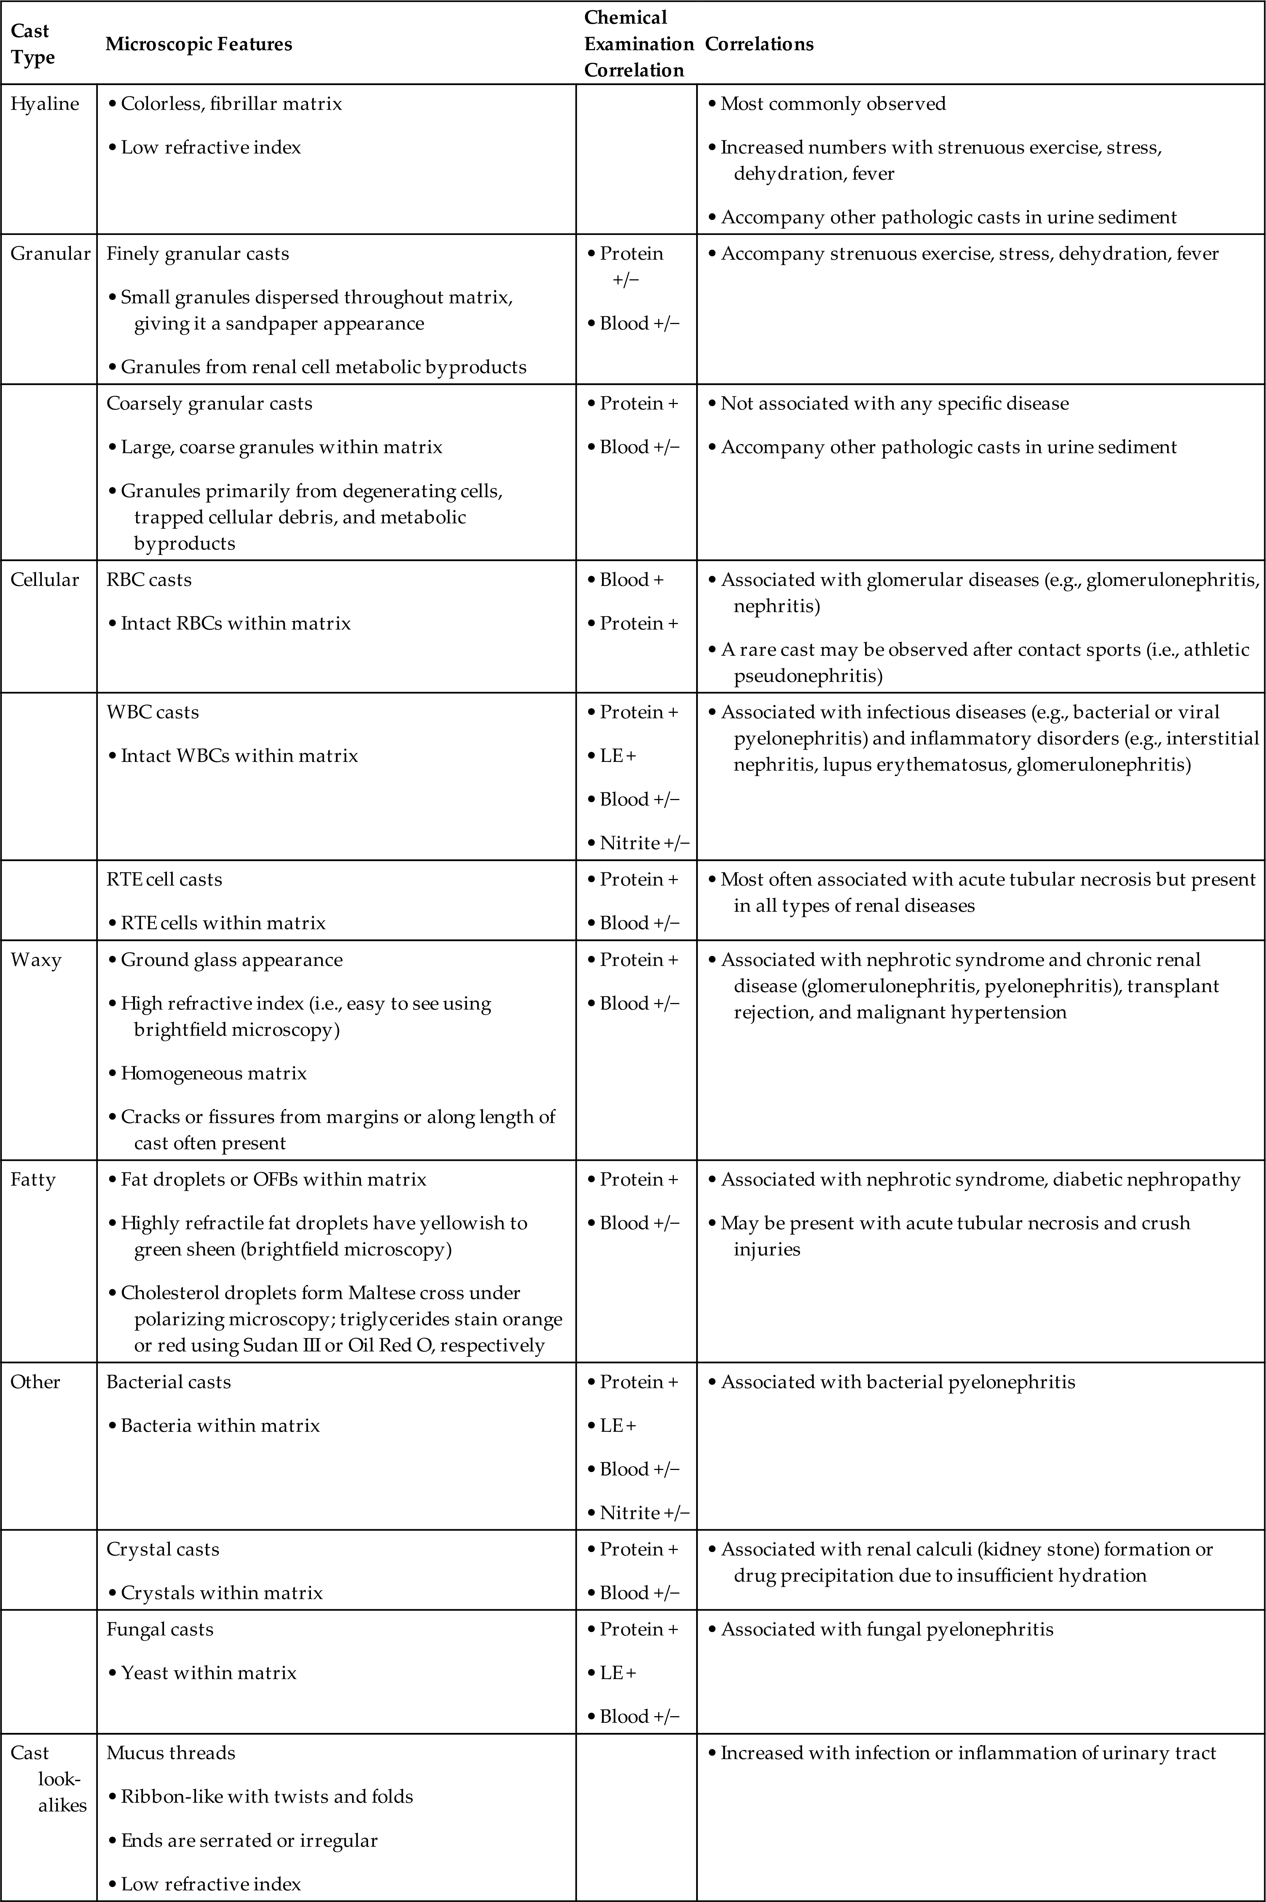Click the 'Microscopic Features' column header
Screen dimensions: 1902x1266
click(199, 44)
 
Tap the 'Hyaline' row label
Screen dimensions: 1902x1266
click(44, 104)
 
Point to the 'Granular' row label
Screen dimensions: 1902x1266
click(50, 253)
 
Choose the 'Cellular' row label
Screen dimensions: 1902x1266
click(44, 580)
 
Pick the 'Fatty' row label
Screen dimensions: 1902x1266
click(33, 1179)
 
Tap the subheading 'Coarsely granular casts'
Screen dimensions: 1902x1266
click(209, 404)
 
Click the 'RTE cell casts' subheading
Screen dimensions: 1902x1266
click(164, 879)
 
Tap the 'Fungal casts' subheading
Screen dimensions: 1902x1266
click(160, 1629)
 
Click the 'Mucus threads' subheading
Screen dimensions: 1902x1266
click(170, 1753)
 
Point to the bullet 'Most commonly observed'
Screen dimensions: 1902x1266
click(832, 104)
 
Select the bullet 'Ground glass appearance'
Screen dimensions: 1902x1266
click(231, 960)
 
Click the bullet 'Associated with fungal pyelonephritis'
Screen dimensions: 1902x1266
click(887, 1629)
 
